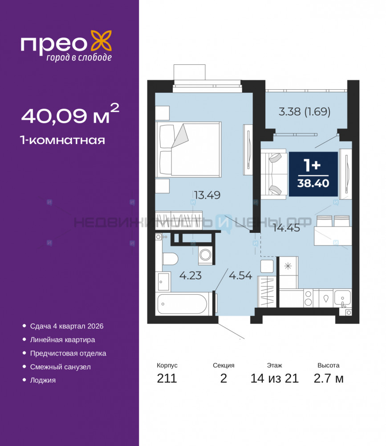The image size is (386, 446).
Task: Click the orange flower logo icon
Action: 101,41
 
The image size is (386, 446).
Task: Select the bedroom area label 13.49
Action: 207,195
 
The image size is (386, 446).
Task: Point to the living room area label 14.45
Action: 286,228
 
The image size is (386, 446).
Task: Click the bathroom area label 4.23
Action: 191,275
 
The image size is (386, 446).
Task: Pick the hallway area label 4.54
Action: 240,275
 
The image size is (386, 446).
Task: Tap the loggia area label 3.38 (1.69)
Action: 305,111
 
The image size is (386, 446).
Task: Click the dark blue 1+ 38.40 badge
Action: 313,174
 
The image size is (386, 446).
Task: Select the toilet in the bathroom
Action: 170,259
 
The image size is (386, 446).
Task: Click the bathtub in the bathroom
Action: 182,303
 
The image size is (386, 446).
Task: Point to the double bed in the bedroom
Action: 188,149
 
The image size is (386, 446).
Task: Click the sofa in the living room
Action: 273,174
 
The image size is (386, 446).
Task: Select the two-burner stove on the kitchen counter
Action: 308,298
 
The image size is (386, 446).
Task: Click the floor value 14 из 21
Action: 274,378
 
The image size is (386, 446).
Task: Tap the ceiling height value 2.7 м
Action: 328,378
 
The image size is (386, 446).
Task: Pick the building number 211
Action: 167,378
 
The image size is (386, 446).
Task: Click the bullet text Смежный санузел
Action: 61,367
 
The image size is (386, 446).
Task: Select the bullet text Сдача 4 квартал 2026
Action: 67,326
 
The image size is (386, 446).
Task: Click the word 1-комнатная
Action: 62,140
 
